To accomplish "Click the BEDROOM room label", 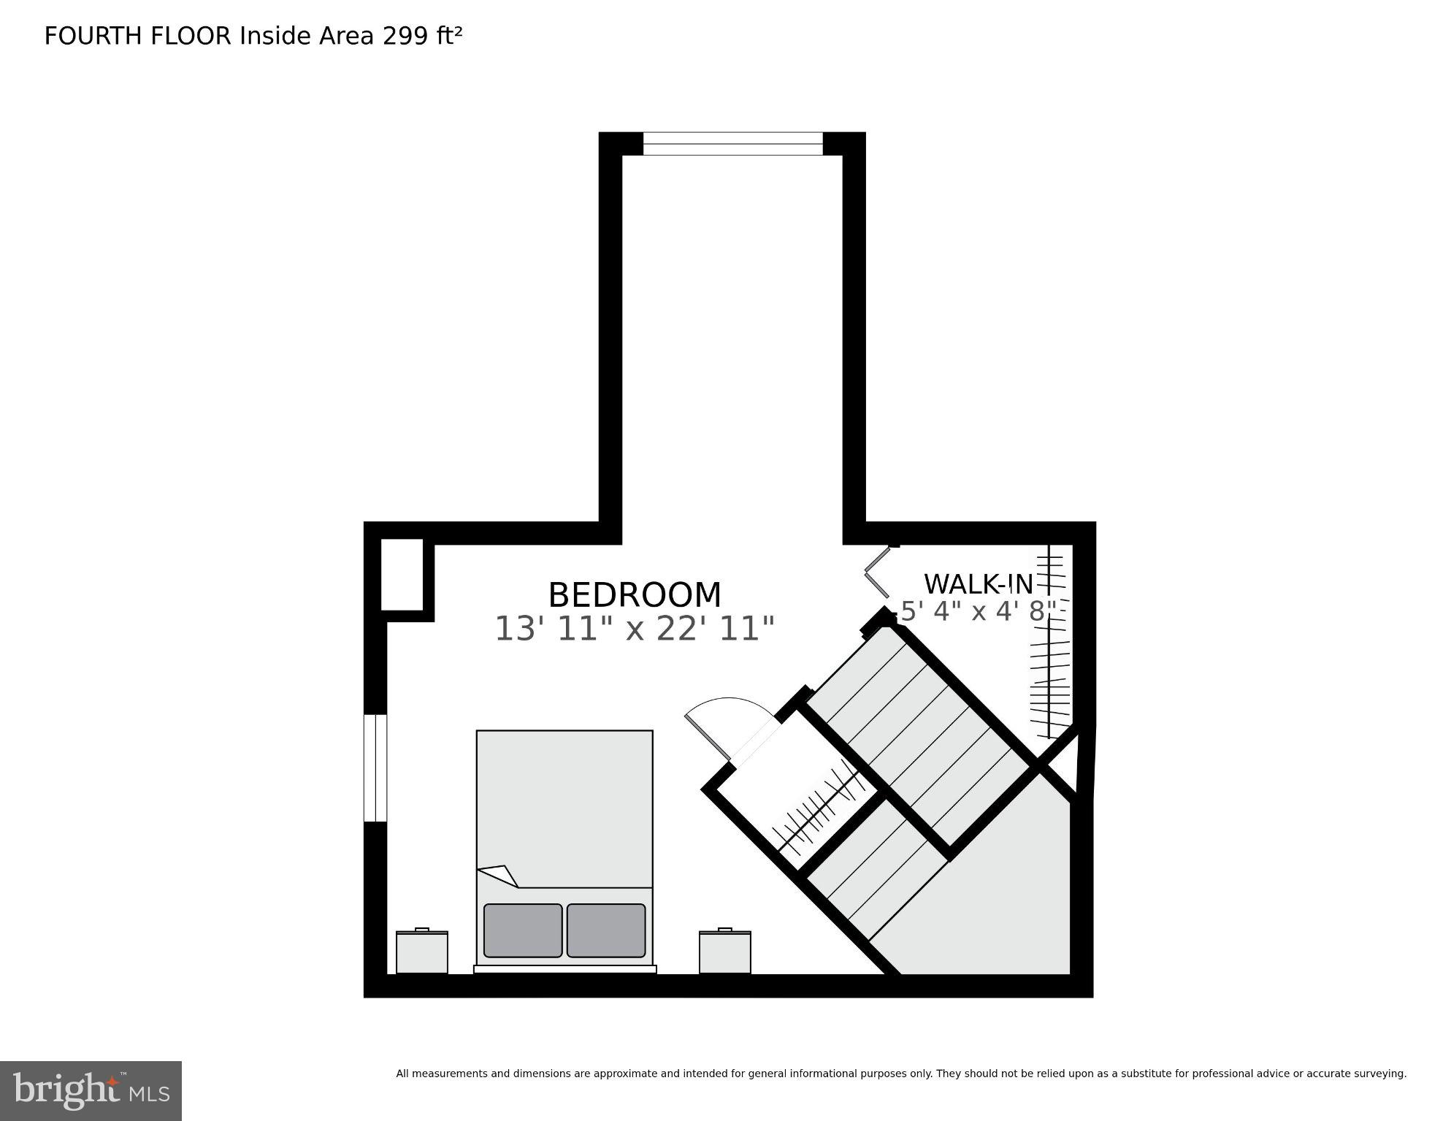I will tap(634, 595).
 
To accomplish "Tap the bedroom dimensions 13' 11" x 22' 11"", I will tap(634, 629).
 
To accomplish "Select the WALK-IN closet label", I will tap(978, 584).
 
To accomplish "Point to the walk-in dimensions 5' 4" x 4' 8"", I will tap(978, 611).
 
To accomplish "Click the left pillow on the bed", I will tap(523, 930).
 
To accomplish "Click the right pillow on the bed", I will tap(606, 930).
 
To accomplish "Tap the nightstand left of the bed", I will tap(422, 952).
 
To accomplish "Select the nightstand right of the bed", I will tap(724, 952).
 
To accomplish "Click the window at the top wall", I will tap(732, 144).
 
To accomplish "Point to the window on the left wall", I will tap(375, 768).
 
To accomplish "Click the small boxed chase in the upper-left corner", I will tap(402, 575).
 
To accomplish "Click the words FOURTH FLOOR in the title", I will tap(137, 36).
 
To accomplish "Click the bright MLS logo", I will tap(91, 1090).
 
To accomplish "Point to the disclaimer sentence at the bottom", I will tap(900, 1074).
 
